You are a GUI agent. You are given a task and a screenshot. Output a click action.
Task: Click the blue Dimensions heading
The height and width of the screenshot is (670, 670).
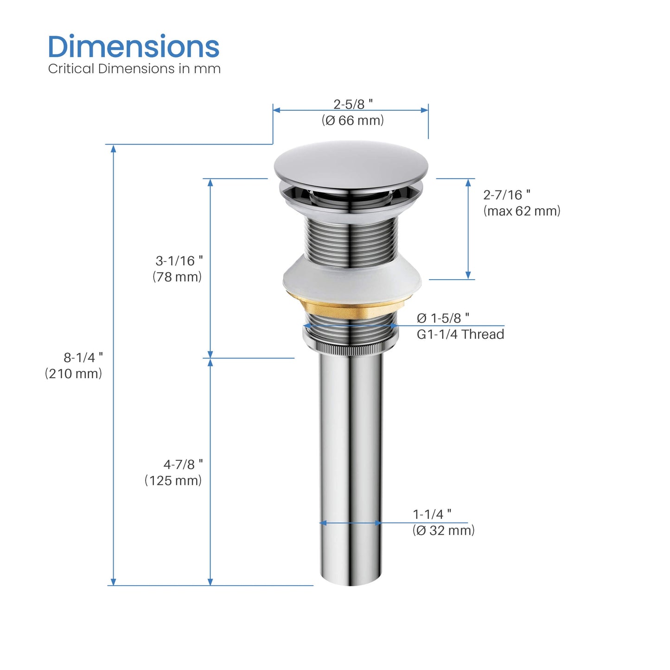[134, 47]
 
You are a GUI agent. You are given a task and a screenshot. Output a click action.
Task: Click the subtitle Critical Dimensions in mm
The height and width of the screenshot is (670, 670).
[134, 69]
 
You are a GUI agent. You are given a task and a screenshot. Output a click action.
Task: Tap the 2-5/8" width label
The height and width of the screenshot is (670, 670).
[353, 104]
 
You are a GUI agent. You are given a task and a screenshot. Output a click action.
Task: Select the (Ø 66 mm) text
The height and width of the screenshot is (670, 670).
[353, 121]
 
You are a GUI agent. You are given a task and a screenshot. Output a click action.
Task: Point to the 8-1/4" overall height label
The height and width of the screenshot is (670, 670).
[83, 357]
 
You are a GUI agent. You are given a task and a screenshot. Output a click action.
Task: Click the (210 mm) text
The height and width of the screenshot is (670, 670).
[73, 374]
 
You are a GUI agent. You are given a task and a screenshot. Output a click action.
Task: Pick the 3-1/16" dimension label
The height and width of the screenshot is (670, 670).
[179, 261]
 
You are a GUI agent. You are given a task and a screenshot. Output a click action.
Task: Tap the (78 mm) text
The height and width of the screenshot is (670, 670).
[177, 277]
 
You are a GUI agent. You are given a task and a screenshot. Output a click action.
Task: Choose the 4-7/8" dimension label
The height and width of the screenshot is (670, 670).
[183, 464]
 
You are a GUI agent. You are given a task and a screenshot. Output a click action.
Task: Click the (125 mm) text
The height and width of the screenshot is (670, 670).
[173, 480]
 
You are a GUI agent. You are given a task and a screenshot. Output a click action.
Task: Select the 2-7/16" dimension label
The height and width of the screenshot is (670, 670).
[506, 195]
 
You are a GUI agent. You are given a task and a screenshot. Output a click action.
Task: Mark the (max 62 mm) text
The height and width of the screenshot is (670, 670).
[522, 211]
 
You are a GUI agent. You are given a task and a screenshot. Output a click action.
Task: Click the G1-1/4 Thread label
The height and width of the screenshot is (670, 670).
[460, 334]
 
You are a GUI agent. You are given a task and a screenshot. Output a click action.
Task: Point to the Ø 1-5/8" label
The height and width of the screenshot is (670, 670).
[443, 318]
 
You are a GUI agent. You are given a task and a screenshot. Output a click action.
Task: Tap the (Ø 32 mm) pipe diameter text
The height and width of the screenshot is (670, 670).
[443, 530]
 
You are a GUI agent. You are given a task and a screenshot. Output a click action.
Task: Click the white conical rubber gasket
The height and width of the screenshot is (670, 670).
[352, 278]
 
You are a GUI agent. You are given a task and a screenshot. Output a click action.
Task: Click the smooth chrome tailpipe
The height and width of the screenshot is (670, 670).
[351, 464]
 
